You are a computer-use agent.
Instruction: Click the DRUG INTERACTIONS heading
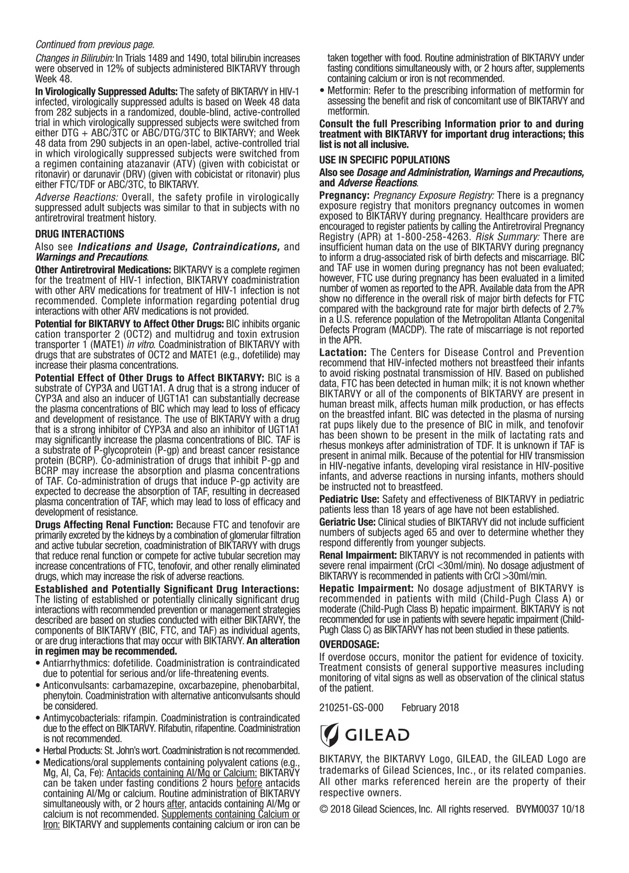click(79, 234)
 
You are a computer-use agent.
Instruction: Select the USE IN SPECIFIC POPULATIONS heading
click(384, 160)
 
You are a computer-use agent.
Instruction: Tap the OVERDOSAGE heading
click(349, 644)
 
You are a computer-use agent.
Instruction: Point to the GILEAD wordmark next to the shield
click(377, 734)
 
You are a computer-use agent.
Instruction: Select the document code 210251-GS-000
click(351, 708)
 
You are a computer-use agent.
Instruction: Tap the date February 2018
click(430, 708)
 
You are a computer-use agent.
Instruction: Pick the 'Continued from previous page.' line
click(94, 44)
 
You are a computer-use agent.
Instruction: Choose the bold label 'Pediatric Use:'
click(349, 498)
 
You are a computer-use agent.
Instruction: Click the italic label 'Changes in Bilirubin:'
click(74, 58)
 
